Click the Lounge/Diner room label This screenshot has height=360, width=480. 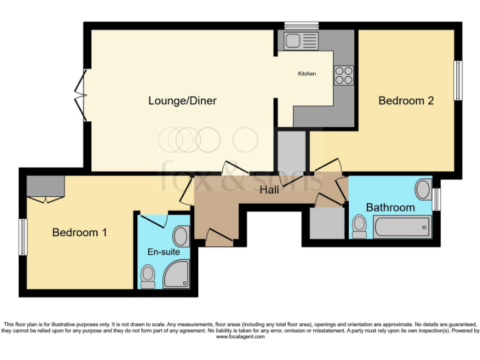click(x=182, y=101)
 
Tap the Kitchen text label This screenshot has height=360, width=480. click(x=306, y=74)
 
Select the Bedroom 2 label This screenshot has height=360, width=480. click(x=406, y=101)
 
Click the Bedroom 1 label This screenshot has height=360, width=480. click(x=79, y=232)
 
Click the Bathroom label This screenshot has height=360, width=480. click(x=390, y=207)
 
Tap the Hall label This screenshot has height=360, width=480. click(x=269, y=190)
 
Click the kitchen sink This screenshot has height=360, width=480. click(x=301, y=41)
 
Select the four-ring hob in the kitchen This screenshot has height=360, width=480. click(x=344, y=75)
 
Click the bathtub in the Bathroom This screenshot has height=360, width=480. click(x=402, y=227)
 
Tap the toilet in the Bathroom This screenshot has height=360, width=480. click(x=359, y=226)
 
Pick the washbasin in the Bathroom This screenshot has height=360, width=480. click(x=423, y=189)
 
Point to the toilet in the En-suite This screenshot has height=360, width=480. click(x=148, y=276)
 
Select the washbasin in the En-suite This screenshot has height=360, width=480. click(x=181, y=236)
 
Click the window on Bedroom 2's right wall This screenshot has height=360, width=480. click(x=458, y=80)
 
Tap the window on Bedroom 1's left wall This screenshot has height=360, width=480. click(x=22, y=236)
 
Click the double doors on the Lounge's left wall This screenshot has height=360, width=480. click(x=81, y=95)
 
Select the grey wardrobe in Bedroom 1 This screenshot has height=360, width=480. click(x=45, y=186)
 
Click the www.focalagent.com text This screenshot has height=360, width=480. click(x=240, y=337)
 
